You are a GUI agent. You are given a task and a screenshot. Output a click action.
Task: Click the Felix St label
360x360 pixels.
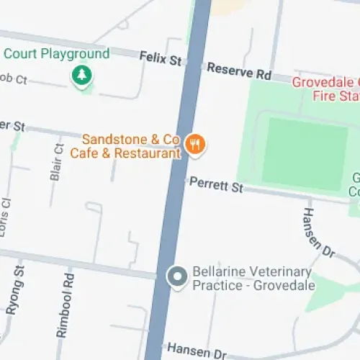160,57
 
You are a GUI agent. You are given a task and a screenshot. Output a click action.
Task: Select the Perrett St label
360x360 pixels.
216,185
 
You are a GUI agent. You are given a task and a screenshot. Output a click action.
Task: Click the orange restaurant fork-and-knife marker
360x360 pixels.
195,144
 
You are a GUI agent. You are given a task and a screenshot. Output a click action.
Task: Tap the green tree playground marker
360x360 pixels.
82,75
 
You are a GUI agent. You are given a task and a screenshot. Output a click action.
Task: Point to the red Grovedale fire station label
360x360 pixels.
325,88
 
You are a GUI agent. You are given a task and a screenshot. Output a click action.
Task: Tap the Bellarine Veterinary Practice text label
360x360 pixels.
252,272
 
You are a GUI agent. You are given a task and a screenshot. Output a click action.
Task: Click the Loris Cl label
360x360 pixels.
6,212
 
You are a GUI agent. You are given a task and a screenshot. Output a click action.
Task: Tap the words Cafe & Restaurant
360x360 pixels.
124,153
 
